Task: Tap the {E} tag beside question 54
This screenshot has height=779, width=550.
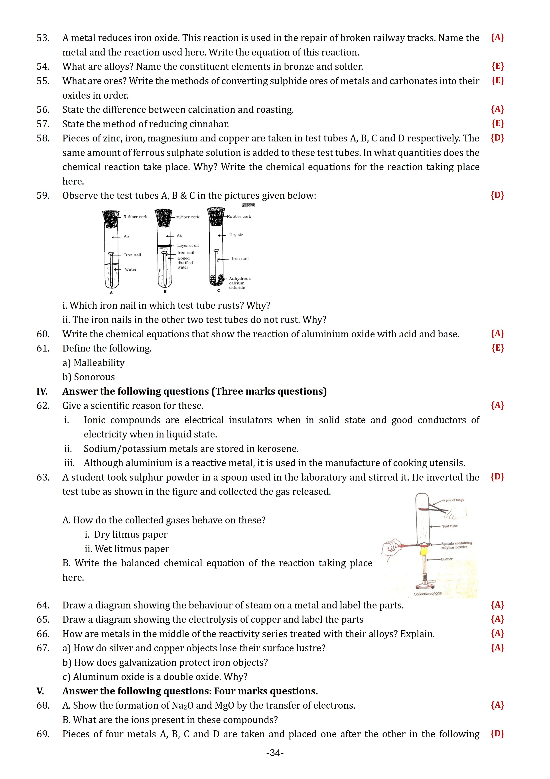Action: click(x=497, y=66)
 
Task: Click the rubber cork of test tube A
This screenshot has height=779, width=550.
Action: click(x=111, y=219)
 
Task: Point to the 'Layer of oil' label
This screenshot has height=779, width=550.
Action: click(x=188, y=245)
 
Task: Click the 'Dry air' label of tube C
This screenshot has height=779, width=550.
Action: click(x=236, y=235)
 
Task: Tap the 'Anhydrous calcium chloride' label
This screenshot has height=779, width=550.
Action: click(x=240, y=283)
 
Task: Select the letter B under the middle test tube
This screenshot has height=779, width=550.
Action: click(x=165, y=291)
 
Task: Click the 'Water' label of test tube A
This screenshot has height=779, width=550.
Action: click(x=130, y=269)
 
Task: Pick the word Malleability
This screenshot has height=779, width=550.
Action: click(x=99, y=363)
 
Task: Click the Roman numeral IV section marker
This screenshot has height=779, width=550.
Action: click(x=42, y=391)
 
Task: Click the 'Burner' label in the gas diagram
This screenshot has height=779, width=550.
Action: click(x=447, y=559)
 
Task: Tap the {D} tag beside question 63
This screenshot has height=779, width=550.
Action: click(x=497, y=477)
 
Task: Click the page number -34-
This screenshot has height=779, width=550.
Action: click(x=275, y=753)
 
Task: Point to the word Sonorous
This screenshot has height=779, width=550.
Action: click(x=94, y=377)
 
